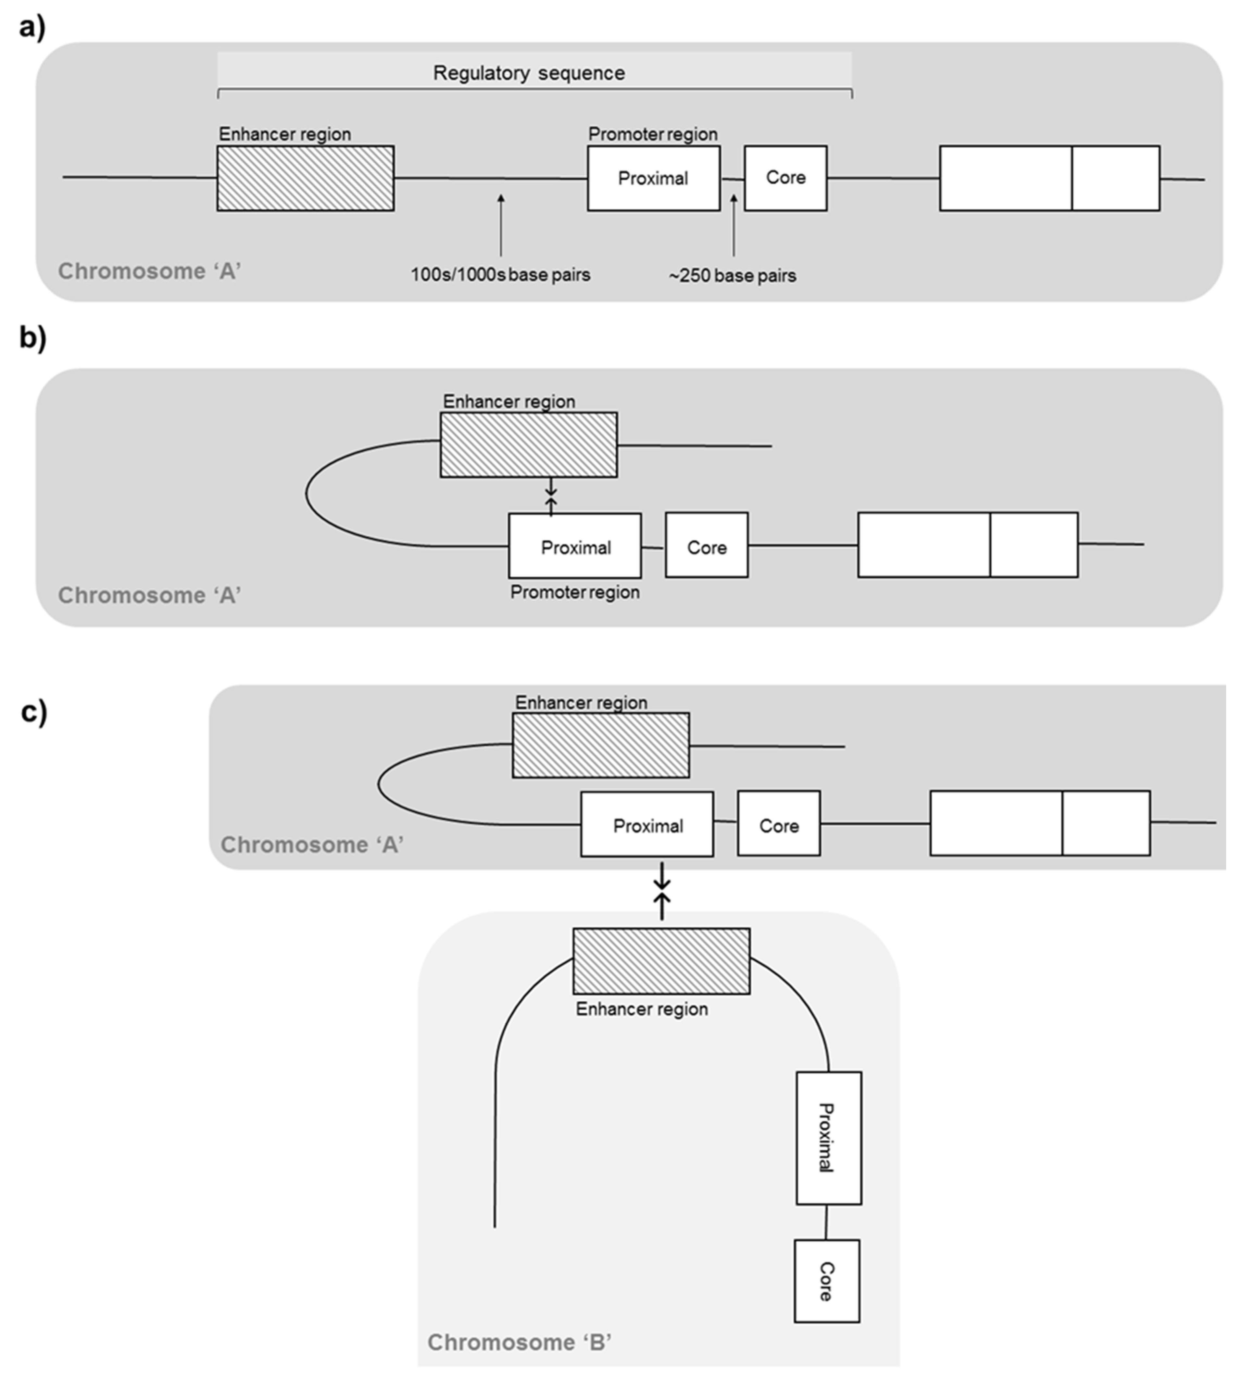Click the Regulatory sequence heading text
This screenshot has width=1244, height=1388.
point(528,73)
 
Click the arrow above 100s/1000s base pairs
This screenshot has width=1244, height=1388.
point(501,226)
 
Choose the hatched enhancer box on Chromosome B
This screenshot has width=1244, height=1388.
point(661,961)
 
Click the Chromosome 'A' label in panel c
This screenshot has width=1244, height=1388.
point(312,845)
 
